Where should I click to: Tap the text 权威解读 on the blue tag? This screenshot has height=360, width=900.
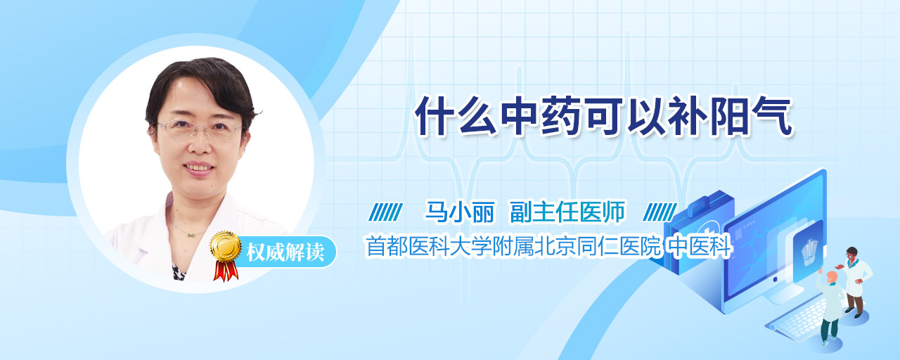[x=285, y=252]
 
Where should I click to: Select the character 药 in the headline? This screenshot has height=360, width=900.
[x=561, y=117]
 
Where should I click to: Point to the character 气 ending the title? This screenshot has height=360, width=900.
[x=773, y=117]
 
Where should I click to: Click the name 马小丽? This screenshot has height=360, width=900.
[x=459, y=212]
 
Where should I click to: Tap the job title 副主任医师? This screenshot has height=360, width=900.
[x=567, y=212]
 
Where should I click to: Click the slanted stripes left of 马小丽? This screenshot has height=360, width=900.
[x=386, y=212]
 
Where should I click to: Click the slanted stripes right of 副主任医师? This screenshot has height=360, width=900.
[x=660, y=212]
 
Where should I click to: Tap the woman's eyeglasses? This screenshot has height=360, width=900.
[x=200, y=129]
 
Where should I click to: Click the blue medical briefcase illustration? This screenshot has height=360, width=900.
[x=698, y=232]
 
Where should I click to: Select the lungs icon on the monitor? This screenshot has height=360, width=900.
[x=809, y=250]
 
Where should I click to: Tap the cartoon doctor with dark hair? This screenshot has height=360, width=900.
[x=855, y=282]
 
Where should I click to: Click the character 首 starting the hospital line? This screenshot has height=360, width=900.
[x=375, y=246]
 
